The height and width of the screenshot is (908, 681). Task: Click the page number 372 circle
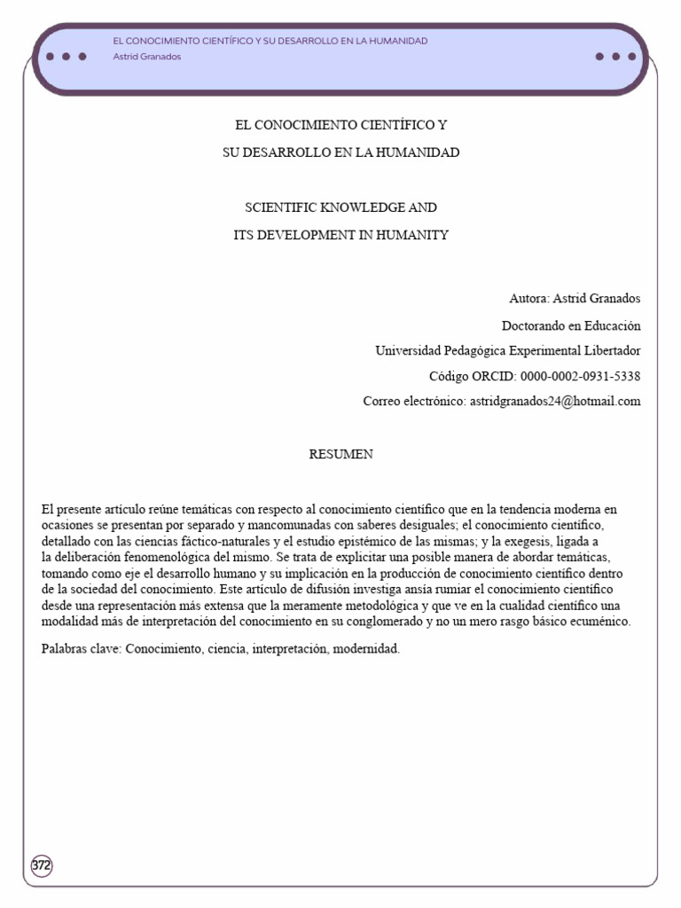tap(42, 865)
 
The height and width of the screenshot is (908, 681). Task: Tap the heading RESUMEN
tap(340, 454)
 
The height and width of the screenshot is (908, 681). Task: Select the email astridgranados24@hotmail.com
tap(554, 402)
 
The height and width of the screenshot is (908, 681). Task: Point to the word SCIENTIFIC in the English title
tap(279, 208)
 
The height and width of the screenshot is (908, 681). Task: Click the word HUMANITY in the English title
tap(415, 235)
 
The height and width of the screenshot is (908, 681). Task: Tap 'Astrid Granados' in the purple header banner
tap(147, 57)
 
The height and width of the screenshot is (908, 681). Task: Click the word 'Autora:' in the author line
tap(529, 299)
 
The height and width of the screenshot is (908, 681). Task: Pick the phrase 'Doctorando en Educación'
tap(571, 325)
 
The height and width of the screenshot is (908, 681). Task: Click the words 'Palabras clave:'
tap(82, 649)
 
